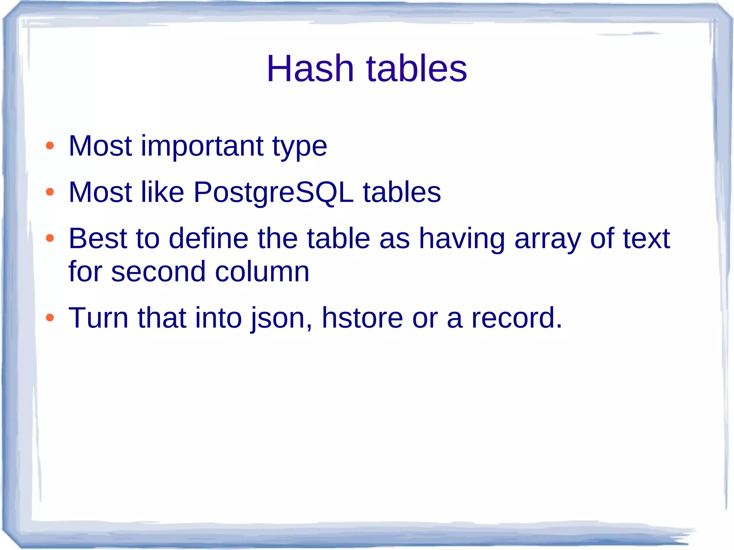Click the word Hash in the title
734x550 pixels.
[x=310, y=68]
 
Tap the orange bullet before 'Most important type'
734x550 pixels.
[x=50, y=146]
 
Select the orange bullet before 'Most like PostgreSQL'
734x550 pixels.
[x=50, y=192]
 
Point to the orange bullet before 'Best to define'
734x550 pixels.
[x=50, y=238]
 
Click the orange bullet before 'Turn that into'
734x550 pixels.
[x=50, y=317]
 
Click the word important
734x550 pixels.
[x=202, y=146]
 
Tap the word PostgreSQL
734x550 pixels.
[x=273, y=193]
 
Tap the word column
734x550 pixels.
[x=262, y=272]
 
